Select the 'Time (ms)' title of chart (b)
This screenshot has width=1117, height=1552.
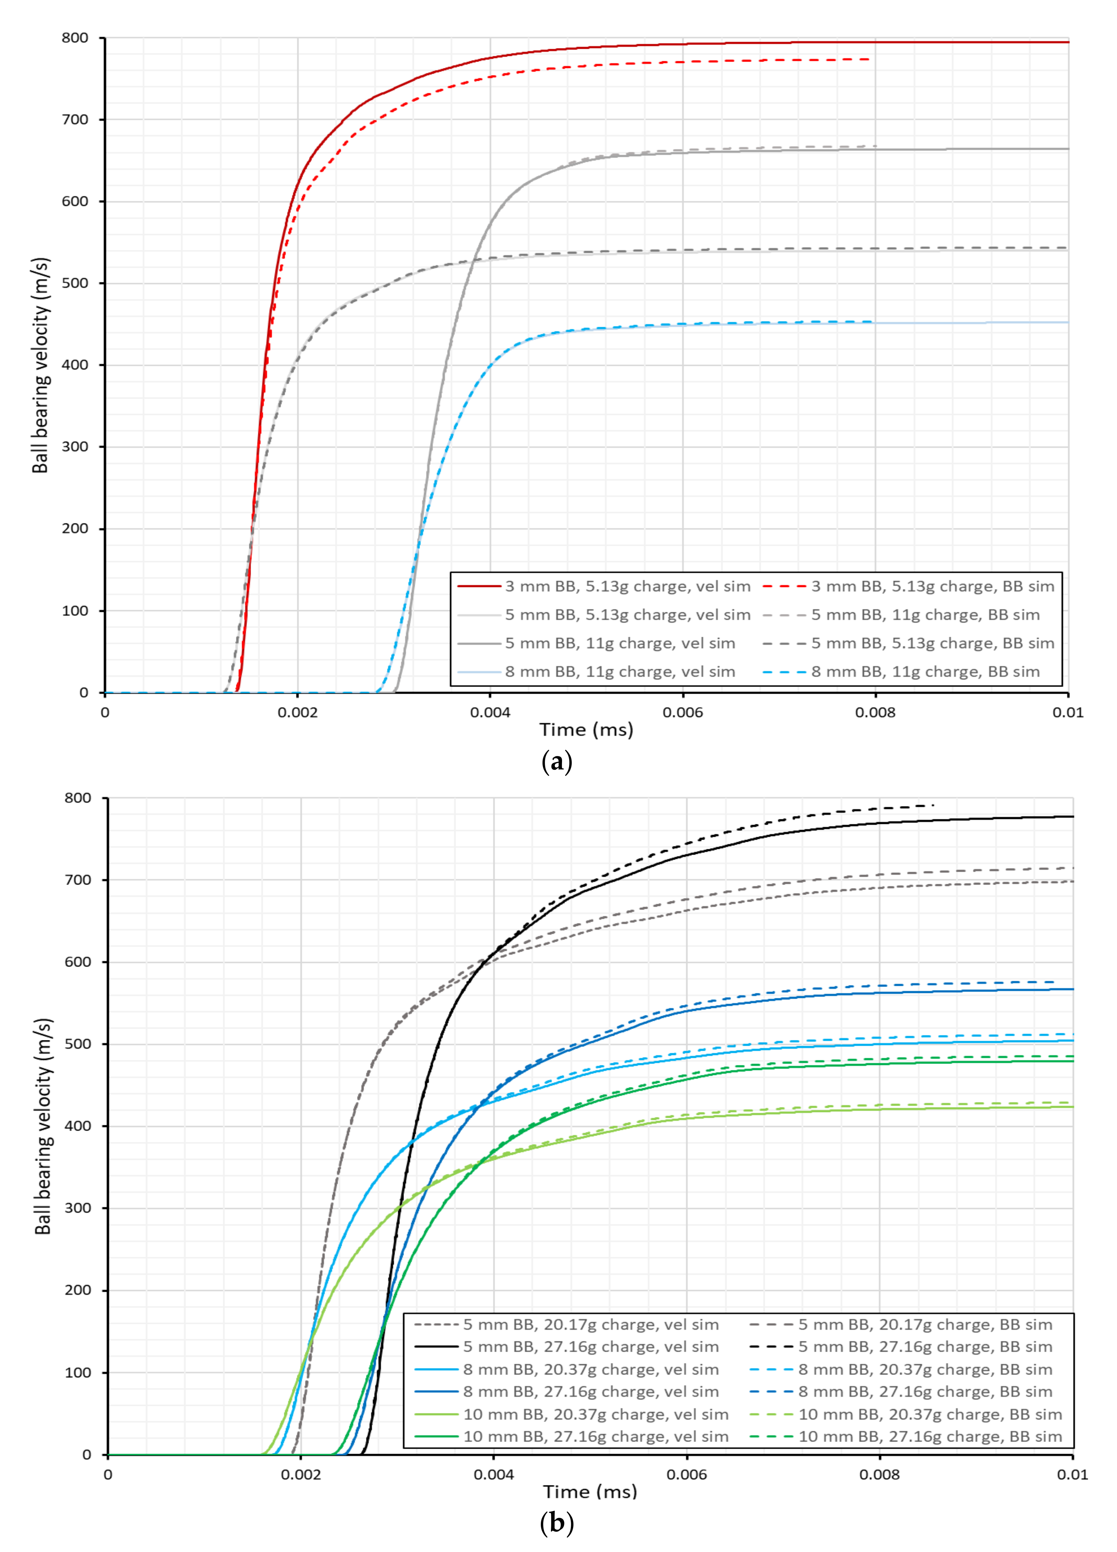(x=590, y=1492)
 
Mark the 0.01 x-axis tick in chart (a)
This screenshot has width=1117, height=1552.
(x=1068, y=712)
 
